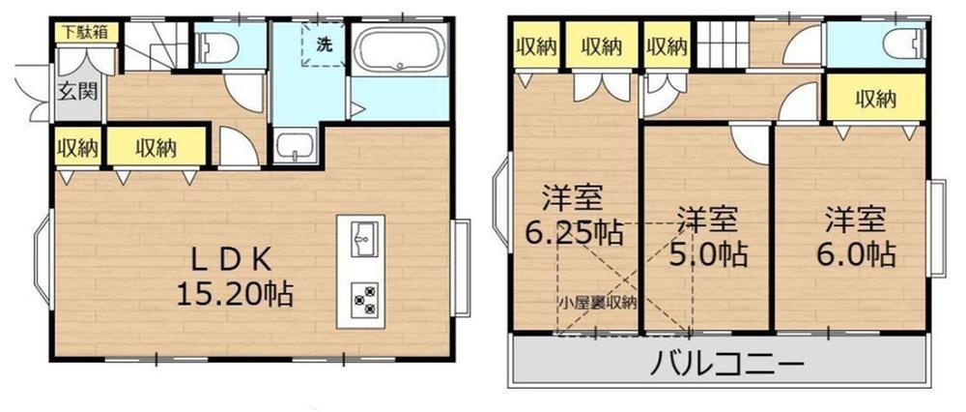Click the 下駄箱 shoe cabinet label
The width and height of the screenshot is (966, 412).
(x=87, y=33)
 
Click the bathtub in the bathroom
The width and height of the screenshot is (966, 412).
(x=399, y=47)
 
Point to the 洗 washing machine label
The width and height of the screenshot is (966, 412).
(x=324, y=44)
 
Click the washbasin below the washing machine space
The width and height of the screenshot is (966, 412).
(x=295, y=147)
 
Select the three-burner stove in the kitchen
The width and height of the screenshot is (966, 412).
(x=361, y=301)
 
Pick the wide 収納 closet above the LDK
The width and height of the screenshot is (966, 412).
(x=156, y=147)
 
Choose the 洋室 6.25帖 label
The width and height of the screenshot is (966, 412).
(x=574, y=216)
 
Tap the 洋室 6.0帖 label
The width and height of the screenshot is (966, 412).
(x=856, y=237)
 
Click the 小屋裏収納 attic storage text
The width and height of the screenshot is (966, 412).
(x=598, y=303)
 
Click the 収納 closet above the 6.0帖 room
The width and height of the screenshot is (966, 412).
(x=876, y=98)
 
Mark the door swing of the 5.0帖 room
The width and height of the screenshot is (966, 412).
(x=751, y=144)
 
